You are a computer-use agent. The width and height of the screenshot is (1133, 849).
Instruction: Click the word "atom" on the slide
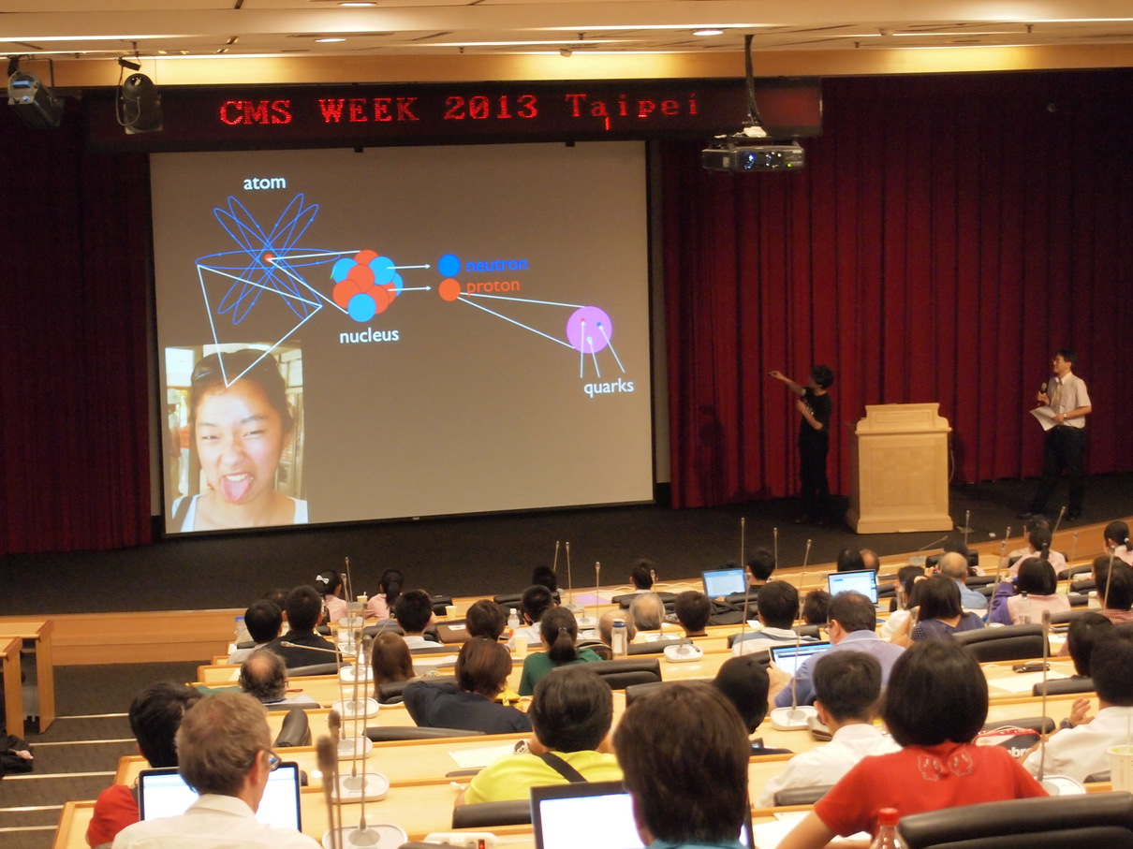coord(264,183)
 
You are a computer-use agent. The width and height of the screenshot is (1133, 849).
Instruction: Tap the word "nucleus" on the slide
coord(369,335)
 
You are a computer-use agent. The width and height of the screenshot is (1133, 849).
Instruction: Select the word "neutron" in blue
coord(497,265)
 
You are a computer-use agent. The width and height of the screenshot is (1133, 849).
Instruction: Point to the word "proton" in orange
coord(493,286)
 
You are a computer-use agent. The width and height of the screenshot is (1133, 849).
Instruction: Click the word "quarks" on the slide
coord(609,387)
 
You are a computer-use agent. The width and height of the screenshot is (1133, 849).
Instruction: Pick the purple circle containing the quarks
coord(589,329)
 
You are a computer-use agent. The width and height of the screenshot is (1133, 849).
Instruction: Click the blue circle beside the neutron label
coord(449,266)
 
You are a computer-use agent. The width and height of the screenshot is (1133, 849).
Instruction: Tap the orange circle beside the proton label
coord(449,290)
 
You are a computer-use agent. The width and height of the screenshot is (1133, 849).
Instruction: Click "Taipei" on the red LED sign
coord(632,108)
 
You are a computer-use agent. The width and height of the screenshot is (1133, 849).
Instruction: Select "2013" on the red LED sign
coord(491,109)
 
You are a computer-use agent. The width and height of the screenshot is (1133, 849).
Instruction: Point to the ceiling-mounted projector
coord(753,154)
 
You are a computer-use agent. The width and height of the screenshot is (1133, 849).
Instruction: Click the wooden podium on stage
coord(900,467)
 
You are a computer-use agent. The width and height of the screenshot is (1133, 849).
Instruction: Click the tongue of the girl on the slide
coord(236,488)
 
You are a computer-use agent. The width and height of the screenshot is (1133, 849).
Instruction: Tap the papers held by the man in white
coord(1044,416)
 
